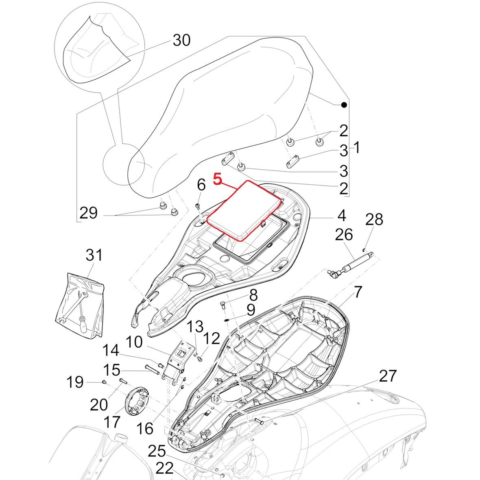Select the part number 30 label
tap(181, 40)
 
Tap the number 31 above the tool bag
tap(94, 256)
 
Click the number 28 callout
tap(374, 220)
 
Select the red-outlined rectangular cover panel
tap(244, 211)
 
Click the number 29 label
tap(89, 213)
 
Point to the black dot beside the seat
tap(344, 105)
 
